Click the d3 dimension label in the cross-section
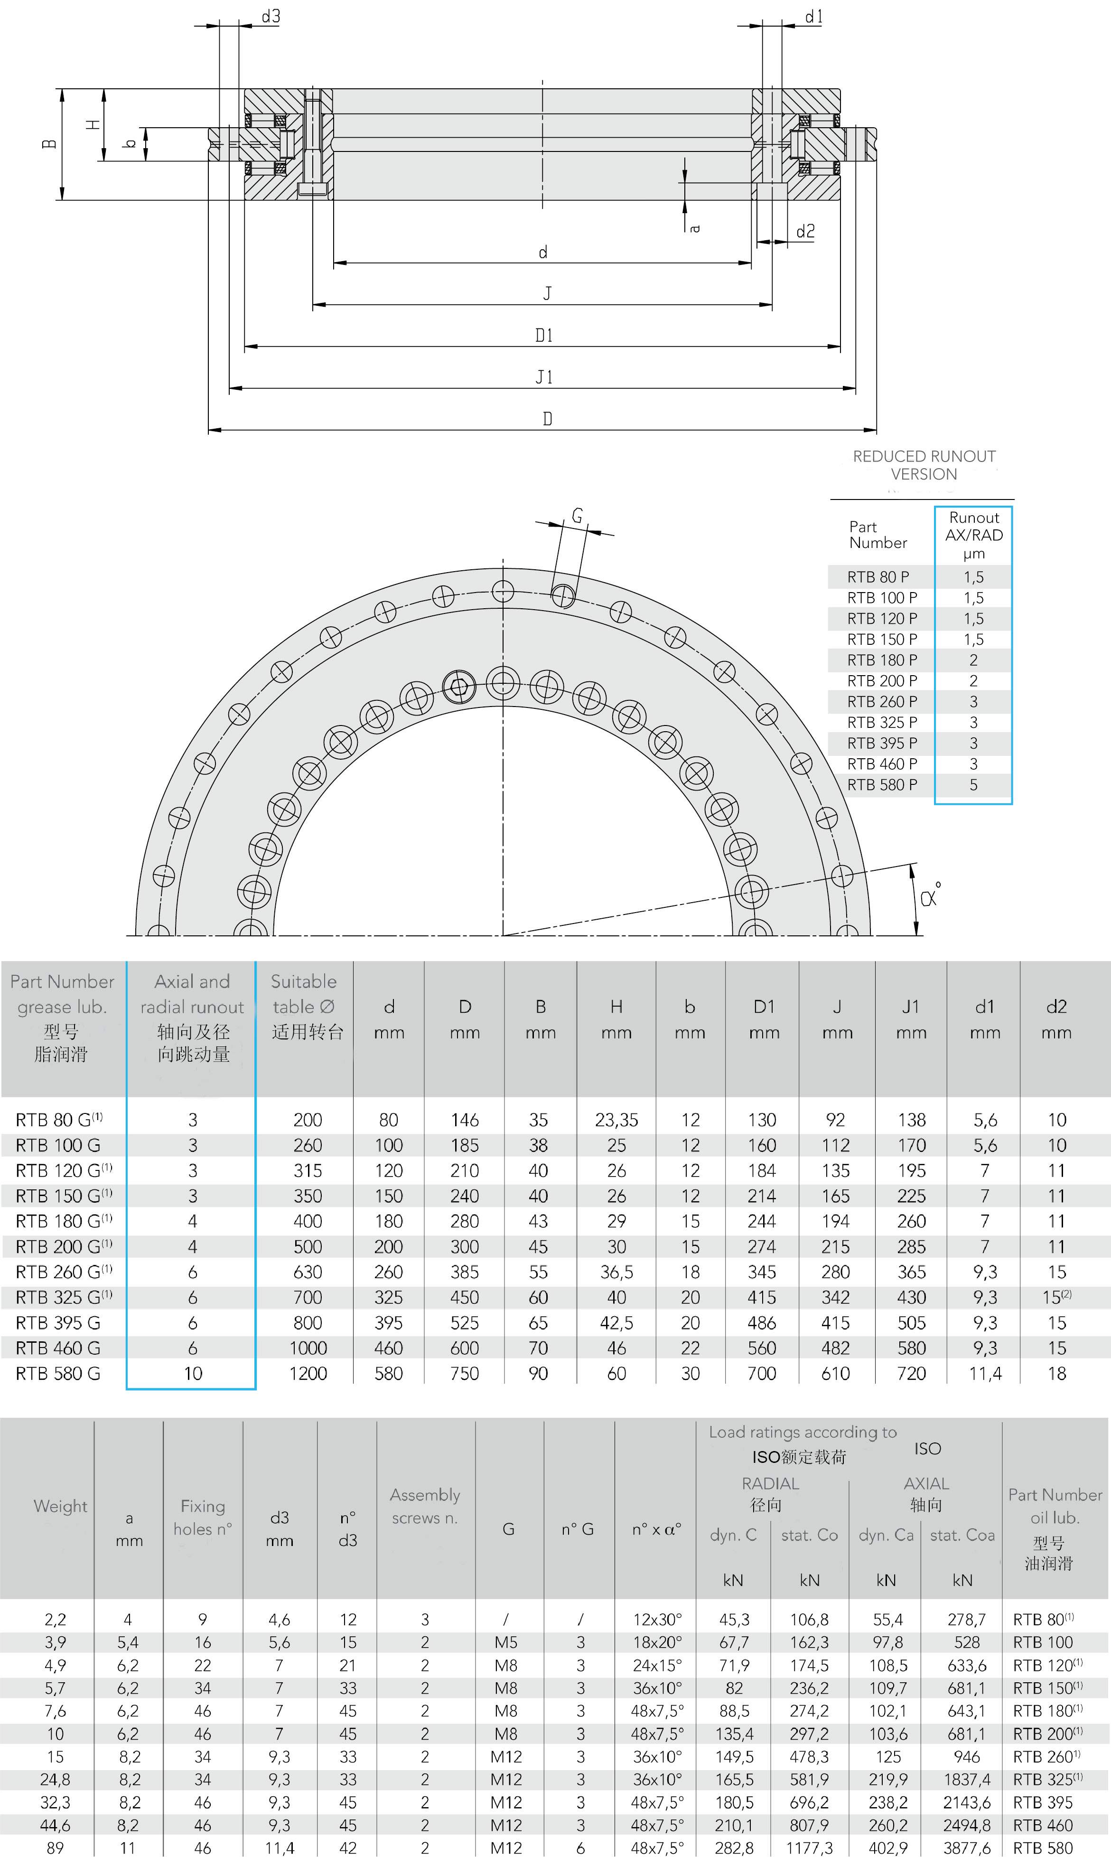[x=270, y=17]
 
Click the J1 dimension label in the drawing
[x=544, y=377]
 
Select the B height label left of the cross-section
[x=49, y=144]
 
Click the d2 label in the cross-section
[x=805, y=231]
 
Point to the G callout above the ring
[x=577, y=515]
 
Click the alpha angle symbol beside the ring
[x=931, y=896]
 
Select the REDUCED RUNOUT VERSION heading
[x=924, y=465]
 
